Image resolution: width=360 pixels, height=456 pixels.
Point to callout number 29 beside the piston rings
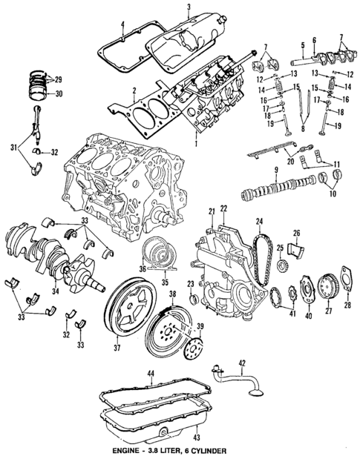58,78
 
